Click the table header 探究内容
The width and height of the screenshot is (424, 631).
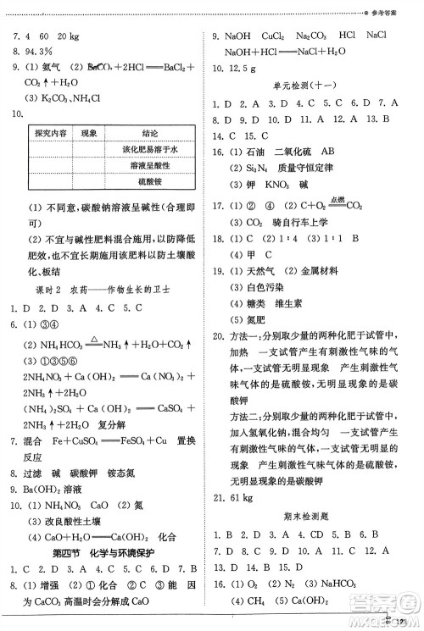tap(52, 134)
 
